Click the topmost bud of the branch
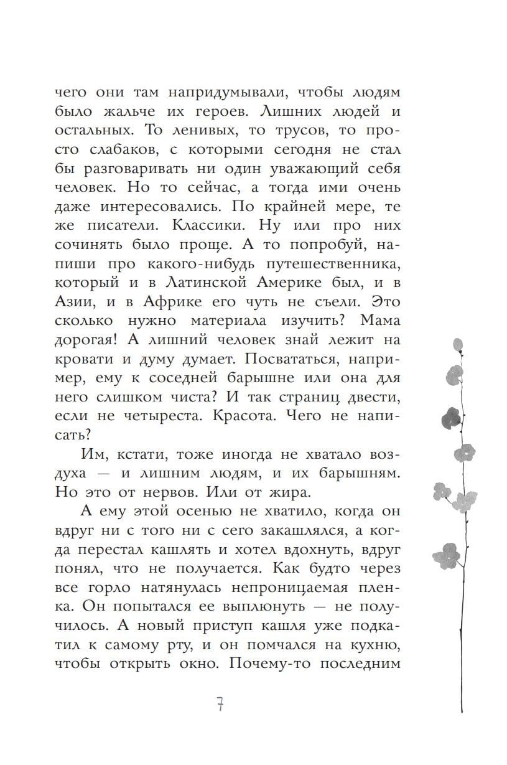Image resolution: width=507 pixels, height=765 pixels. click(458, 344)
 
